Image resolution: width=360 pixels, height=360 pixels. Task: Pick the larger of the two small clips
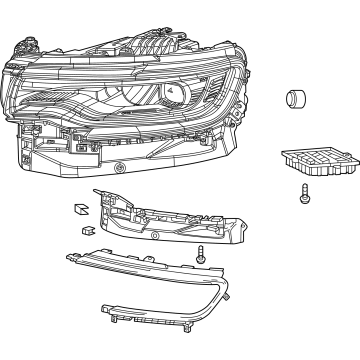pos(78,211)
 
